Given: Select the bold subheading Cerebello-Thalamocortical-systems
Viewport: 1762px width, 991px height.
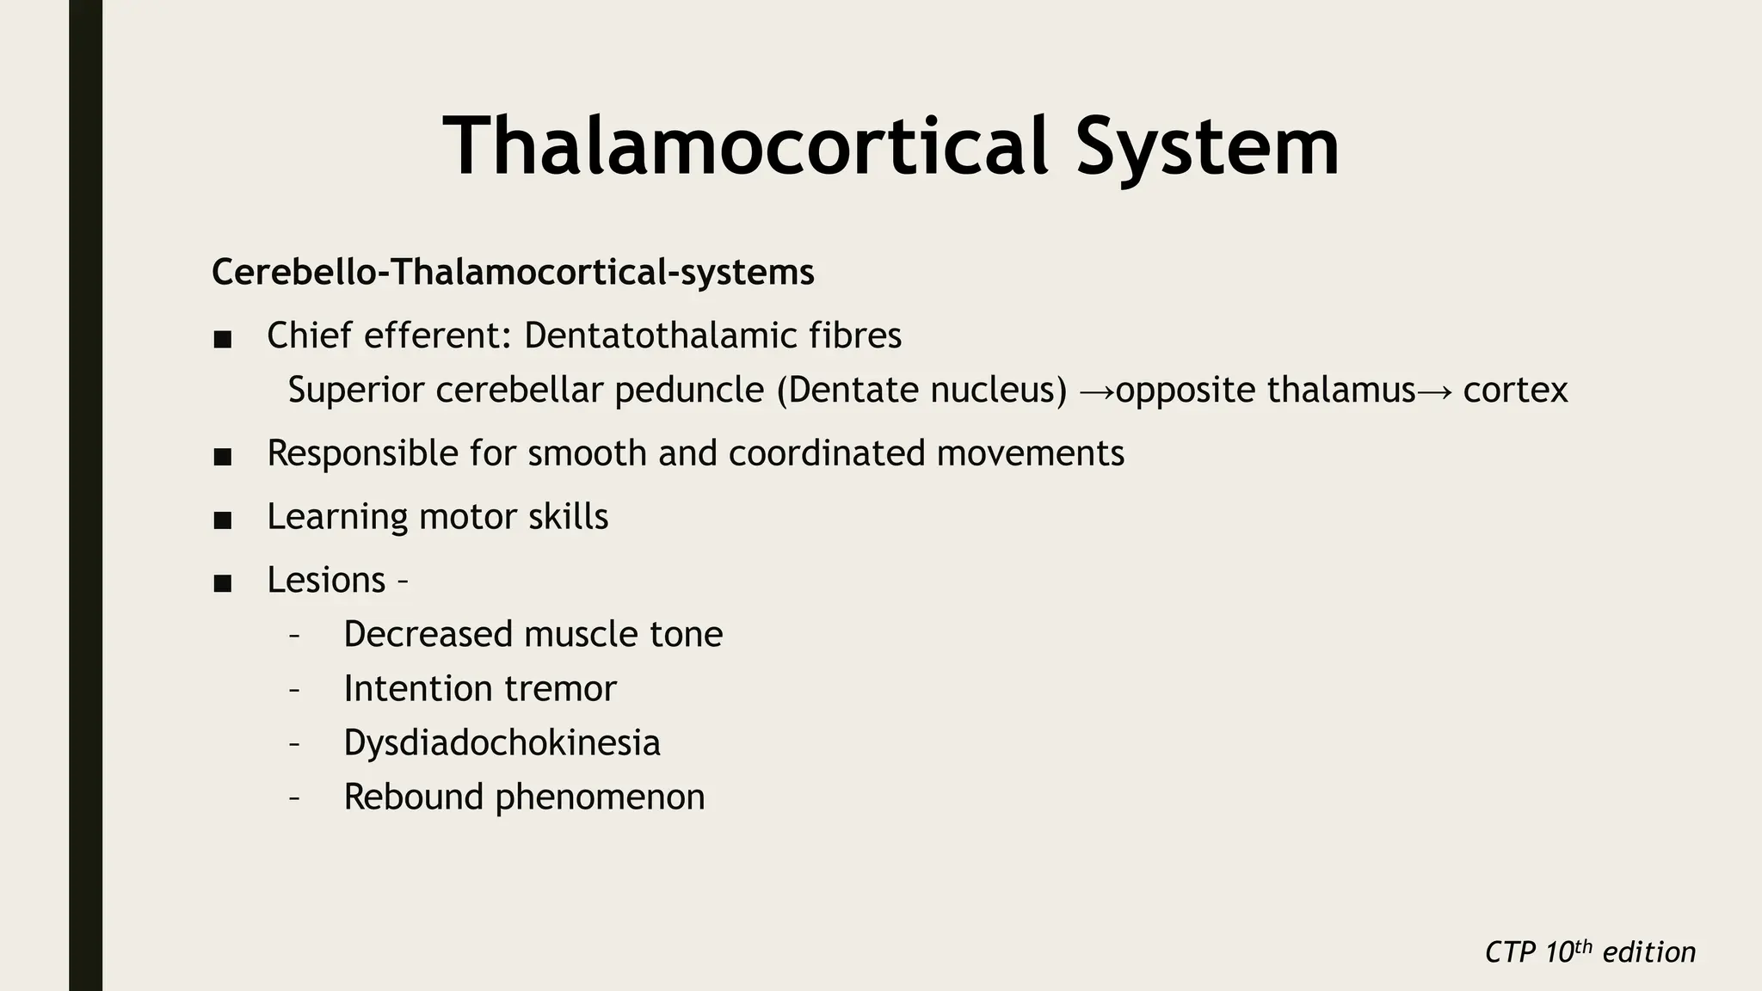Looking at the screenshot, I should [x=513, y=273].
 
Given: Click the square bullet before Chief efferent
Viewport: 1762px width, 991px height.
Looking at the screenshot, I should [x=223, y=339].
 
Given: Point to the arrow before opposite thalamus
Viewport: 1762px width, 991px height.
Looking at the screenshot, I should [x=1096, y=392].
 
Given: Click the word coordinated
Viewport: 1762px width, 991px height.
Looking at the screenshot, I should [x=827, y=453].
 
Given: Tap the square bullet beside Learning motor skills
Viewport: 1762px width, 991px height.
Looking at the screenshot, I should [x=223, y=520].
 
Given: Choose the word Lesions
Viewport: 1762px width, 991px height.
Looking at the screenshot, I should [x=326, y=580].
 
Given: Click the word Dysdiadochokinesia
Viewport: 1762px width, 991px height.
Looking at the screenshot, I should [x=502, y=742].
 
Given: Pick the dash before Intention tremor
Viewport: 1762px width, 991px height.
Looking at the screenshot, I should [x=294, y=690].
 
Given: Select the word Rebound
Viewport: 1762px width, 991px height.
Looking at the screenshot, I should [x=414, y=797].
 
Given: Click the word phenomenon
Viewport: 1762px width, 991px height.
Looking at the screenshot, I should [x=600, y=797].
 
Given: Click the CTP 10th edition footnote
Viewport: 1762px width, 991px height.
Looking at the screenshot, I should [x=1590, y=952].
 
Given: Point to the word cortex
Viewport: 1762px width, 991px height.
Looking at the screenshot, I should [x=1515, y=391].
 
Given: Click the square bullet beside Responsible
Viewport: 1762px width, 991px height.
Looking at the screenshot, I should [x=223, y=458].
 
